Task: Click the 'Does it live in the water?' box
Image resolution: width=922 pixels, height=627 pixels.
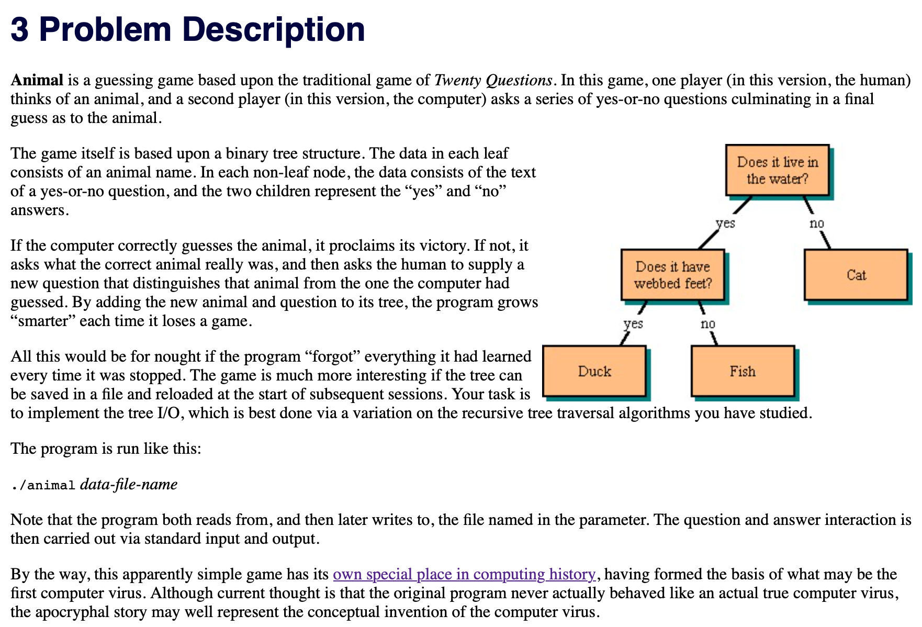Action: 777,170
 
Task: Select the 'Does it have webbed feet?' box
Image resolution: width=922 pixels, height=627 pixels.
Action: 672,275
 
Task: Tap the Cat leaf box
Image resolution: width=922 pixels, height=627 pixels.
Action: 856,275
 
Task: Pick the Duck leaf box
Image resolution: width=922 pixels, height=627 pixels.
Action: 594,371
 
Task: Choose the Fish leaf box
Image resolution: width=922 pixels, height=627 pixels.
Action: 743,371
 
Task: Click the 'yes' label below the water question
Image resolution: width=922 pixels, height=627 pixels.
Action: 725,223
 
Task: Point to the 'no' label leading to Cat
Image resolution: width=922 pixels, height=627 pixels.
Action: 816,223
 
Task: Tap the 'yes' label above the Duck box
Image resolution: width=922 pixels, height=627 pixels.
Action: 633,324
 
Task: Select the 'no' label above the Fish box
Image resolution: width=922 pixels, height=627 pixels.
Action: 707,324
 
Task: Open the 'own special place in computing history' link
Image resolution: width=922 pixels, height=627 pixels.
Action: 464,574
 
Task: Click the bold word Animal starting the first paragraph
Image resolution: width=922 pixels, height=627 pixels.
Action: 37,80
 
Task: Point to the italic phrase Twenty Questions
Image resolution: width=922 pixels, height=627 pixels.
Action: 493,80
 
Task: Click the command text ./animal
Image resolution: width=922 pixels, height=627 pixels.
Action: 43,485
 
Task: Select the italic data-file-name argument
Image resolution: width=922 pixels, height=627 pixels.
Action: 129,484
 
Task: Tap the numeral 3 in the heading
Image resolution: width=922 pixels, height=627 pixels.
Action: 19,29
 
